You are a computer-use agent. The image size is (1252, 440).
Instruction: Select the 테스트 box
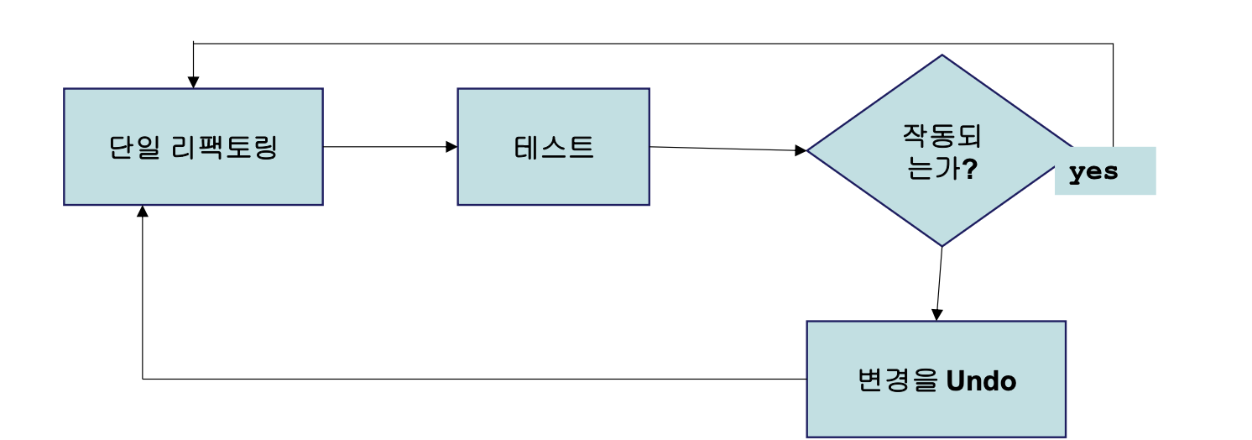[553, 176]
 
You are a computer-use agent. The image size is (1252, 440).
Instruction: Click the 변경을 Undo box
[936, 411]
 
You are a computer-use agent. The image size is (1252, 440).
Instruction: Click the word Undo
[981, 381]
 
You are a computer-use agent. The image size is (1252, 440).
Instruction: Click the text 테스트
[553, 148]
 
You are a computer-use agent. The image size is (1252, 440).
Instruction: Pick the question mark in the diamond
[968, 169]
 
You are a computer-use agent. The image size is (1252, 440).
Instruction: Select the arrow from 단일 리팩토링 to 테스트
[386, 147]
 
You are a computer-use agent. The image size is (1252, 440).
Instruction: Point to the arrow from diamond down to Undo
[940, 281]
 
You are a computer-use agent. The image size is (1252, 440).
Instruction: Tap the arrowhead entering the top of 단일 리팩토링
[193, 82]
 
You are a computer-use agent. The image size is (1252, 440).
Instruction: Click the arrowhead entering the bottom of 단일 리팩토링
[143, 211]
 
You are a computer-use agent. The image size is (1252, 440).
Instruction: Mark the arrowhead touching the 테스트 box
[451, 147]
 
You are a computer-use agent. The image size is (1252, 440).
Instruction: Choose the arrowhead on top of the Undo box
[937, 315]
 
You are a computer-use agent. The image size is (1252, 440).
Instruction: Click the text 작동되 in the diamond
[942, 134]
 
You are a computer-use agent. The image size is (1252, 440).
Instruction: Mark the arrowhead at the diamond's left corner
[801, 150]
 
